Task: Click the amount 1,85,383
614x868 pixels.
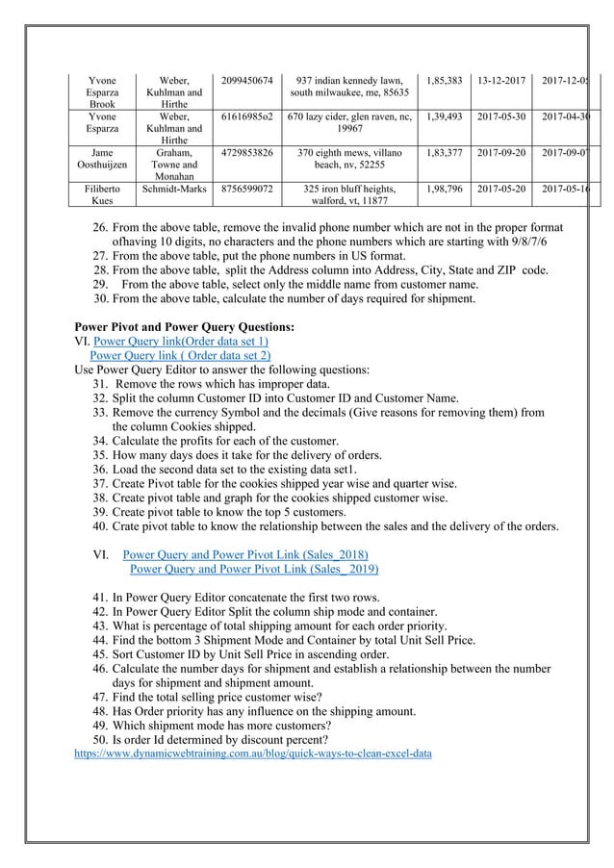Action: tap(445, 80)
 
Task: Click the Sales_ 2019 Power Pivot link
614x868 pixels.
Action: tap(253, 568)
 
